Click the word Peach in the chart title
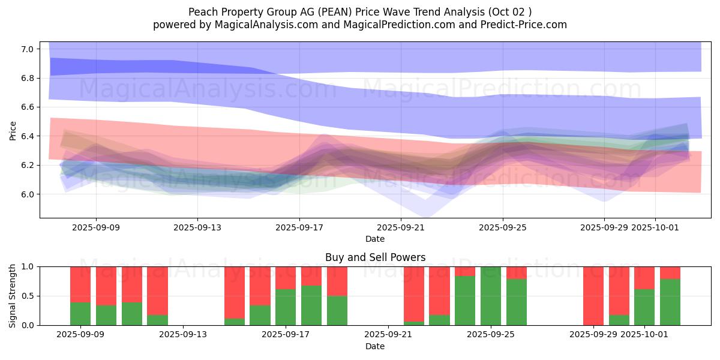[x=202, y=12]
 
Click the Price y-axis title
[x=13, y=130]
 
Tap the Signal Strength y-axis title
[x=13, y=296]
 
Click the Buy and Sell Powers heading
[x=375, y=257]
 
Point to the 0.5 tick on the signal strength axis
[x=28, y=296]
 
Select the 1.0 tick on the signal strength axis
[x=28, y=266]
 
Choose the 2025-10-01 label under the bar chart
[x=645, y=334]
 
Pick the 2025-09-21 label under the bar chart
[x=388, y=334]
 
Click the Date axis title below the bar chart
[x=375, y=346]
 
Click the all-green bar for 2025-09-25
[x=491, y=296]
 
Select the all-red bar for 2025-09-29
[x=593, y=296]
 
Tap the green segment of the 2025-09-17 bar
[x=286, y=307]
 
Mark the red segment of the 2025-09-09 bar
[x=80, y=284]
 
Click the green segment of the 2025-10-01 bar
[x=644, y=307]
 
